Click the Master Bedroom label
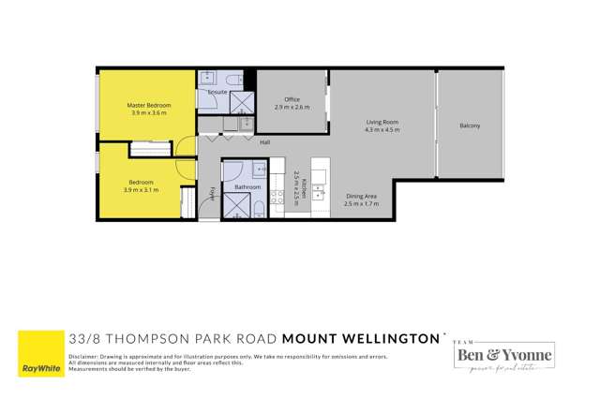point(148,105)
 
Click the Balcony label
point(470,126)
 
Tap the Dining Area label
point(361,196)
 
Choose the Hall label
point(264,142)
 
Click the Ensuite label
point(217,93)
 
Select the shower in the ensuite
point(243,103)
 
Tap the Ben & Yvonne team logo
point(502,357)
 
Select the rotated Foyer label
point(212,194)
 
